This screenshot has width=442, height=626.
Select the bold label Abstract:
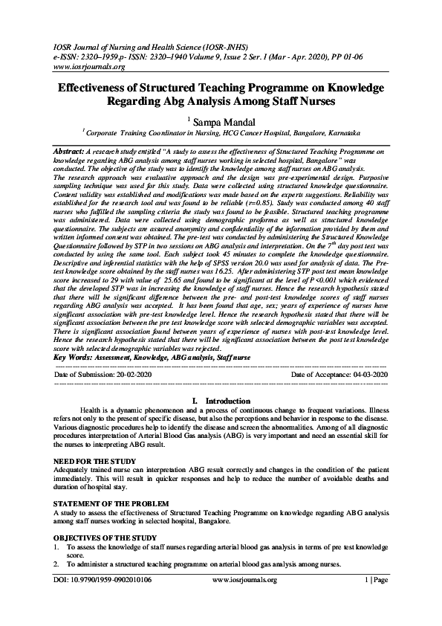pos(68,150)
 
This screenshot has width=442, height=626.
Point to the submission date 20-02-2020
pos(127,375)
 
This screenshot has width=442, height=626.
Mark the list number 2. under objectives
pos(58,564)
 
